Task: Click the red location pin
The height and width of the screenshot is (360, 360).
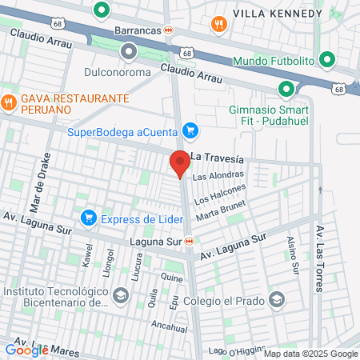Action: (x=180, y=163)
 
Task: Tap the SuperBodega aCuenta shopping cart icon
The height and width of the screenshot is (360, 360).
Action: (x=190, y=130)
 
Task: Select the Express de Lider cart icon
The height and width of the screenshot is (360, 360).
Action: (x=89, y=218)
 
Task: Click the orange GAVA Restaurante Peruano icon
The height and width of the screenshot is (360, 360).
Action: (x=9, y=102)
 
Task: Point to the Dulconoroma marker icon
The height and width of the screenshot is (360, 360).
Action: (x=129, y=53)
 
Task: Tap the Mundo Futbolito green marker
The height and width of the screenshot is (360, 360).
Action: (x=326, y=60)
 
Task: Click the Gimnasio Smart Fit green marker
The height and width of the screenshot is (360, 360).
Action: (x=286, y=90)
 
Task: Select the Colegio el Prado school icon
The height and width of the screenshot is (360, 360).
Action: (x=276, y=300)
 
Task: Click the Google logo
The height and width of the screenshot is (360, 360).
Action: (x=26, y=349)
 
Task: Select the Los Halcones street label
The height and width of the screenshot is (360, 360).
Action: (x=220, y=193)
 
